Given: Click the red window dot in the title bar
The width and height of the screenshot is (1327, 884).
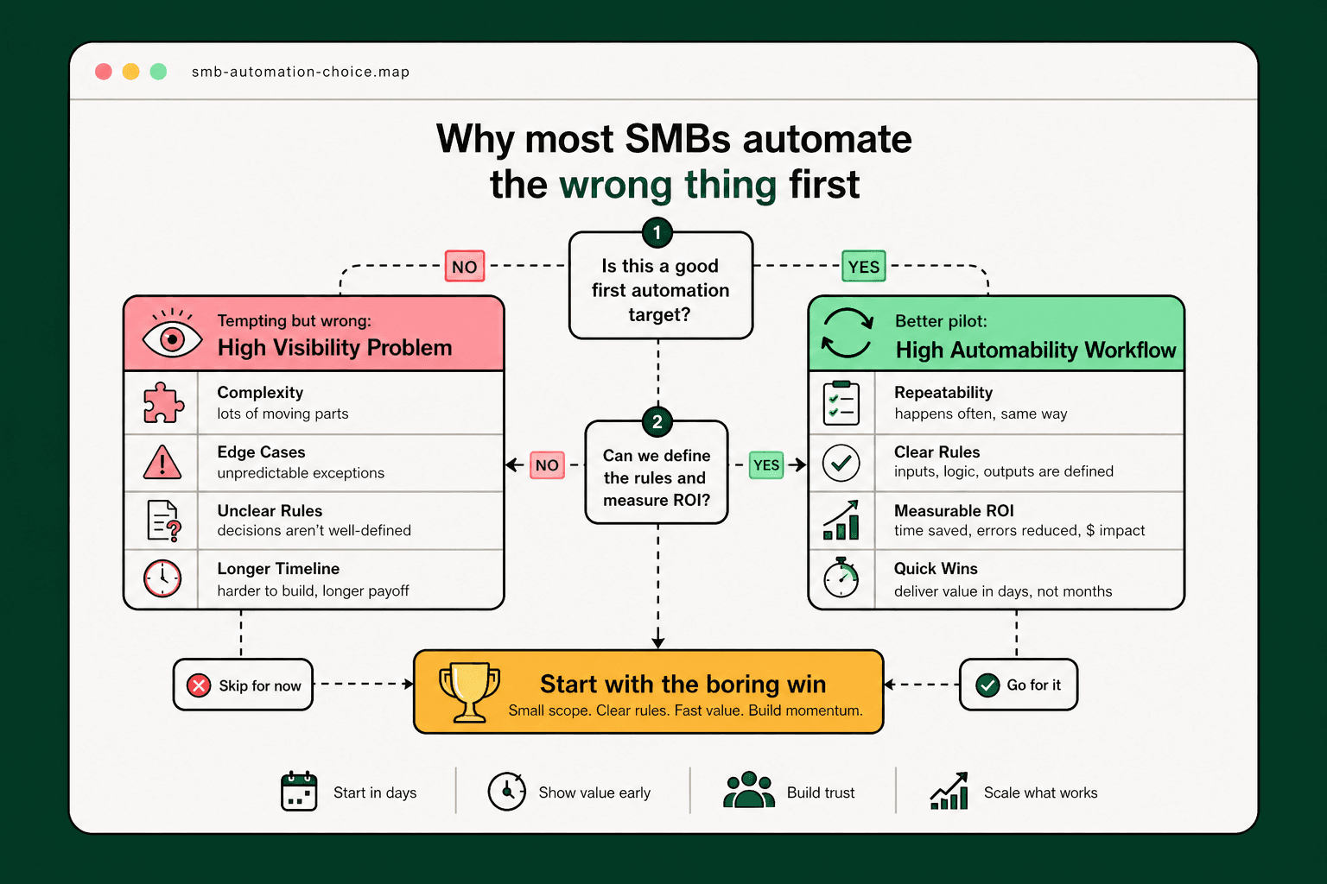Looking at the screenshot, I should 104,72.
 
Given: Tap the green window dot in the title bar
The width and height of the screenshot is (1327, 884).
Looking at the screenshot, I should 158,72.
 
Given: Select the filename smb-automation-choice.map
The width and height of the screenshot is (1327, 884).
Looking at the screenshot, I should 301,72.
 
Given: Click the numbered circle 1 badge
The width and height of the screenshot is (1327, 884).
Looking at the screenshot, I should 657,232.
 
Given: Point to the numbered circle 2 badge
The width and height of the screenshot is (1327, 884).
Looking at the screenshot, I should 657,421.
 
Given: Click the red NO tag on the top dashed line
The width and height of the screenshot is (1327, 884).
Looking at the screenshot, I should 464,267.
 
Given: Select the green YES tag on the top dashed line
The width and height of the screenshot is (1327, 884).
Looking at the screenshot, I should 863,267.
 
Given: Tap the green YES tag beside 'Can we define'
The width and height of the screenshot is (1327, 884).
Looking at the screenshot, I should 765,464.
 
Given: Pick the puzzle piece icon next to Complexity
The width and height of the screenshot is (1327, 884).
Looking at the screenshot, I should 162,402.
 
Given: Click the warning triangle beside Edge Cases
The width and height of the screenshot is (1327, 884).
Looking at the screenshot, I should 162,463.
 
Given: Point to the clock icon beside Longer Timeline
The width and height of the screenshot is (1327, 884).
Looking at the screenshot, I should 162,578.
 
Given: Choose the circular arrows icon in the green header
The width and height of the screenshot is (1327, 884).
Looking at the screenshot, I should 847,333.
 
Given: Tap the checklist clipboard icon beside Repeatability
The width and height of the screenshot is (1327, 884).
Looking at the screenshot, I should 841,403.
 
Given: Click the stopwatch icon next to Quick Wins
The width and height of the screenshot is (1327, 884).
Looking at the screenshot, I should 841,578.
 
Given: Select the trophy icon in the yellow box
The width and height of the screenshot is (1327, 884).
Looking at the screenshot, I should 469,691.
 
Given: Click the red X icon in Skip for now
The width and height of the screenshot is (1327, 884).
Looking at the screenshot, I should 199,685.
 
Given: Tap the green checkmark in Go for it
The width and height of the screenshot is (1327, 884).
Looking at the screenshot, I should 987,685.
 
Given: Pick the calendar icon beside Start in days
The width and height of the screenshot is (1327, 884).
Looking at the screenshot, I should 299,791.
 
